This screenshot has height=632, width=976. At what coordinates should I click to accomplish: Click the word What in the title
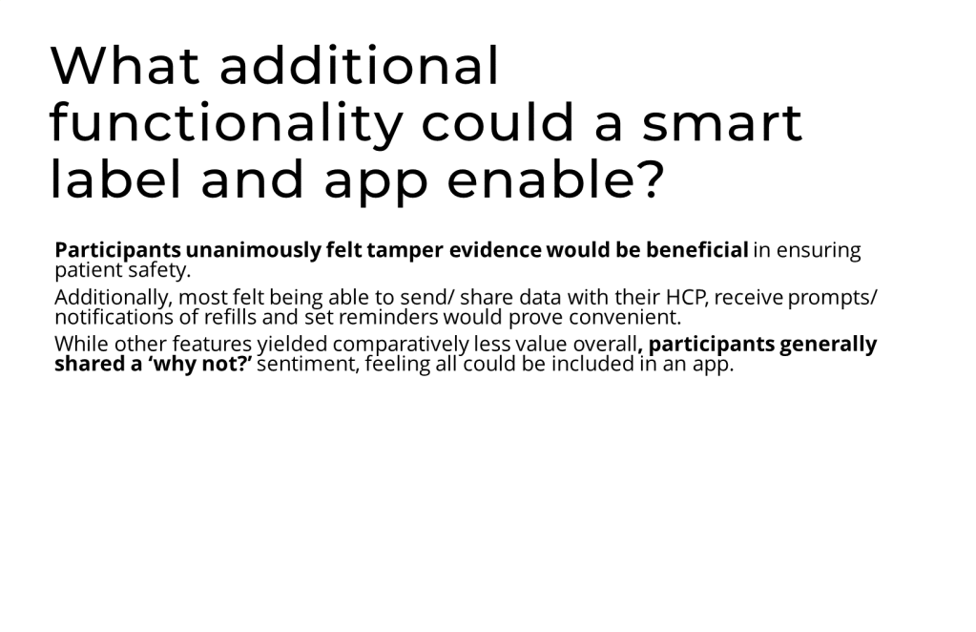coord(125,65)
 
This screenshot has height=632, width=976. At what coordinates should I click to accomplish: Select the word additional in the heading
coord(360,65)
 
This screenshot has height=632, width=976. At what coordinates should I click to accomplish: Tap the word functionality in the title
coord(226,123)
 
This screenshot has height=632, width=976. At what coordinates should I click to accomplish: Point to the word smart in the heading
coord(722,123)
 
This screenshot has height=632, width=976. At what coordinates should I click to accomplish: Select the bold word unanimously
coord(254,250)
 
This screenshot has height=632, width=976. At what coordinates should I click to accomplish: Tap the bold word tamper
coord(405,250)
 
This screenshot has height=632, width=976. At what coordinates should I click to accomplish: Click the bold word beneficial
coord(696,250)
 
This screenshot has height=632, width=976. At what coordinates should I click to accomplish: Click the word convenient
coord(625,317)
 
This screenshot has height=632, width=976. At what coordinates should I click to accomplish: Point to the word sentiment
coord(308,364)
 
